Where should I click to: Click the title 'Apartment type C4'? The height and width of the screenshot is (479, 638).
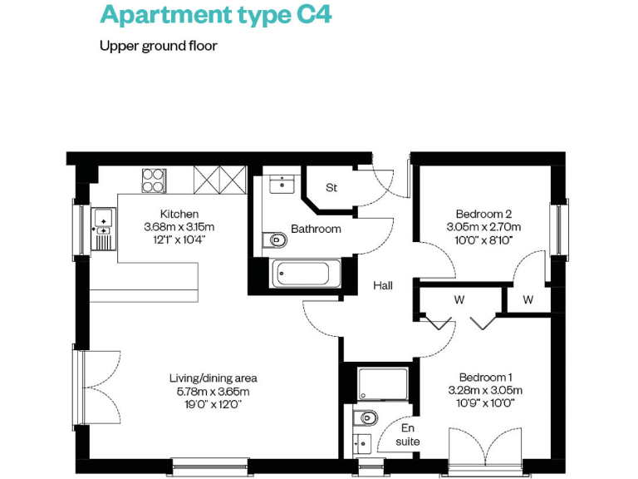coord(215,14)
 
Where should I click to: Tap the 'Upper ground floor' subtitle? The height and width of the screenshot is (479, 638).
coord(159,46)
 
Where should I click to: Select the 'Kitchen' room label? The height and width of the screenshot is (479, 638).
coord(179,214)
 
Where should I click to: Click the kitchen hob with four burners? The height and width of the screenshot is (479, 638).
coord(154,180)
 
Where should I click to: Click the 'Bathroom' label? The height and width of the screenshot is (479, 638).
coord(316,229)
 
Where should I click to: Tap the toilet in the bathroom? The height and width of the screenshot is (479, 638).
coord(275,241)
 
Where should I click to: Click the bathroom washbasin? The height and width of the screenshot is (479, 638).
coord(282,182)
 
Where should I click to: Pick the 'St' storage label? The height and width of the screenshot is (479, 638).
coord(331,188)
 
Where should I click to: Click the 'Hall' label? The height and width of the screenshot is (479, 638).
coord(382,285)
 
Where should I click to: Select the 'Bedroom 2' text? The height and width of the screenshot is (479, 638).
coord(483,213)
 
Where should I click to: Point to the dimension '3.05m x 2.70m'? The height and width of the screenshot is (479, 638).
coord(483,226)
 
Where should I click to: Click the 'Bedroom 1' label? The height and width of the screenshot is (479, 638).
coord(484,377)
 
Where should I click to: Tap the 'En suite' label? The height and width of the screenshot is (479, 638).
coord(408,434)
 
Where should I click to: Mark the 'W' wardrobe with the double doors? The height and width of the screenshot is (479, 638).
coord(459,299)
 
